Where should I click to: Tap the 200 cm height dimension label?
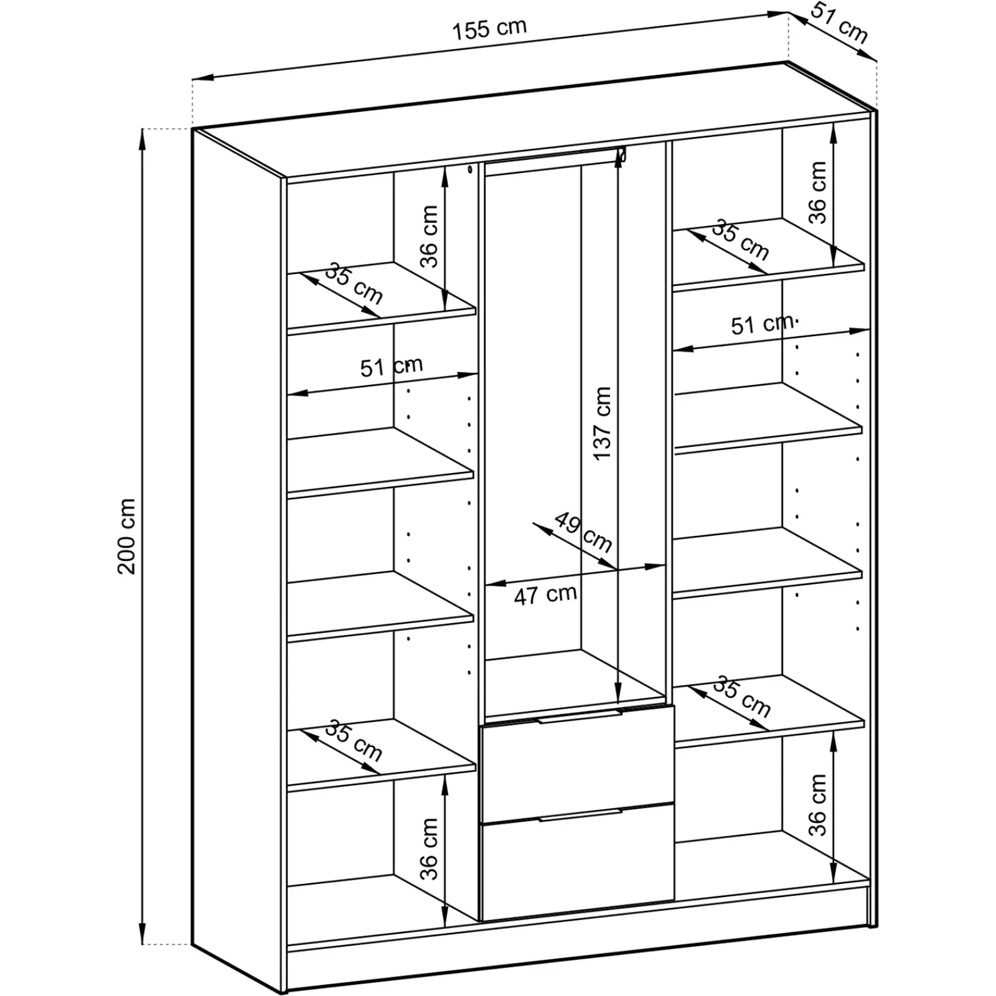(127, 536)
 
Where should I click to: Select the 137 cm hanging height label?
(602, 423)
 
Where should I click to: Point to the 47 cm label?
(545, 594)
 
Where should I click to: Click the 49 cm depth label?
(583, 532)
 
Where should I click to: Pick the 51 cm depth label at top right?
(840, 29)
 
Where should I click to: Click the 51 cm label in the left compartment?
(391, 366)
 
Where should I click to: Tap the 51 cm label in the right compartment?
(762, 324)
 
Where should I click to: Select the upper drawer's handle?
(580, 718)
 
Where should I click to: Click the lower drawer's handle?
(580, 815)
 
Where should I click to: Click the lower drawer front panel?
(578, 865)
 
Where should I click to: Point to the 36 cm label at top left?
(429, 237)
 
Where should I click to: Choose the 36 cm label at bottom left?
(429, 848)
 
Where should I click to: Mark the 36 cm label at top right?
(818, 192)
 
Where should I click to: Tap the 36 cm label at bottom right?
(818, 804)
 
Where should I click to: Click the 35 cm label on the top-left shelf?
(354, 284)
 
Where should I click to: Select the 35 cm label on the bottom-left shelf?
(354, 741)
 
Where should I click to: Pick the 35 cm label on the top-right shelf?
(740, 240)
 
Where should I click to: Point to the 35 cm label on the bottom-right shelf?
(741, 697)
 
